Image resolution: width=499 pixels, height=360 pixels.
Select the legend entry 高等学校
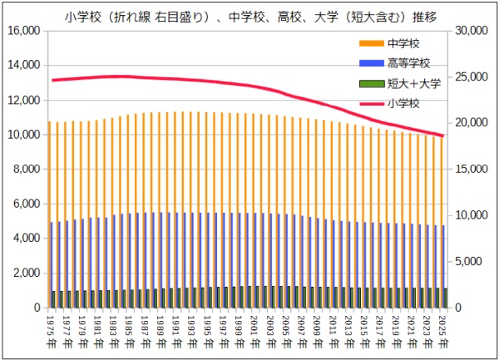point(408,62)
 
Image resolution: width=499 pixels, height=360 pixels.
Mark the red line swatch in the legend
point(371,102)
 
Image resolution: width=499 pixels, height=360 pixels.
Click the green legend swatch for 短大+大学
point(371,82)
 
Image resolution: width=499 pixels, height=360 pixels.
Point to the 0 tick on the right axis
point(460,308)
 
